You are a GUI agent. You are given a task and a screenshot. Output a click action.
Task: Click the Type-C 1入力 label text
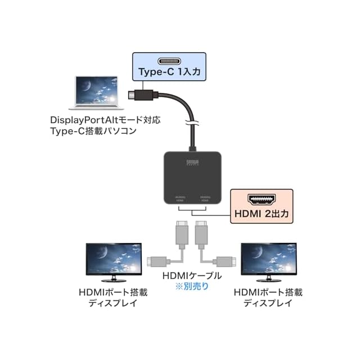coord(169,72)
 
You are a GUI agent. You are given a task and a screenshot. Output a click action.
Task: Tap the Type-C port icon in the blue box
coord(169,61)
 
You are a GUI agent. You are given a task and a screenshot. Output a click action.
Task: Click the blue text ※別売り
coord(191,286)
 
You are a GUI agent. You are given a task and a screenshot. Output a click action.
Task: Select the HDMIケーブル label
coord(191,276)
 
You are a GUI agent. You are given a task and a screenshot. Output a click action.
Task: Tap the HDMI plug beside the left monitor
coord(155,261)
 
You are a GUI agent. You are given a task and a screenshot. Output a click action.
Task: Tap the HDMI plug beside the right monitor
coord(226,261)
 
